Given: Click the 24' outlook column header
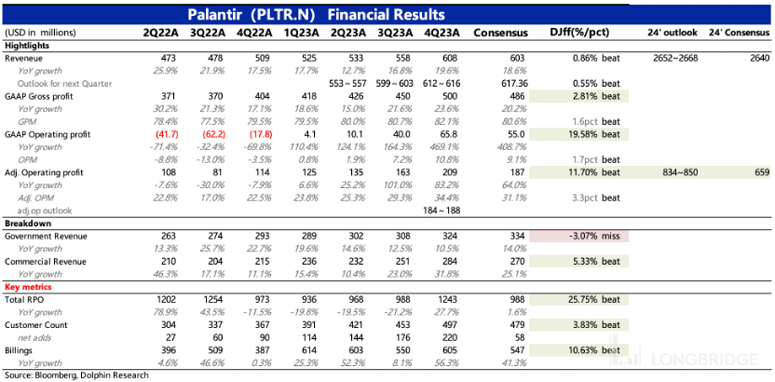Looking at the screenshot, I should tap(673, 34).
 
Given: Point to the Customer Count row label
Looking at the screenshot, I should tap(36, 325).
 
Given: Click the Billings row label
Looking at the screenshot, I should tap(20, 350).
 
